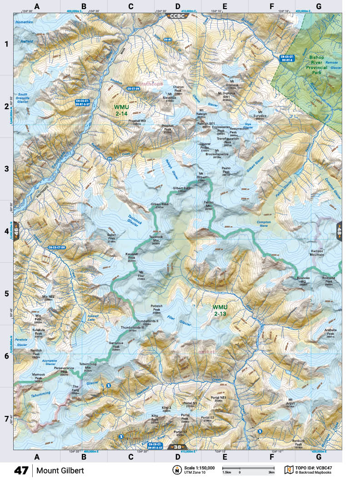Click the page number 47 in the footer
(x=21, y=470)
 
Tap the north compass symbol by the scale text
(x=175, y=470)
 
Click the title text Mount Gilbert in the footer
(x=60, y=470)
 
